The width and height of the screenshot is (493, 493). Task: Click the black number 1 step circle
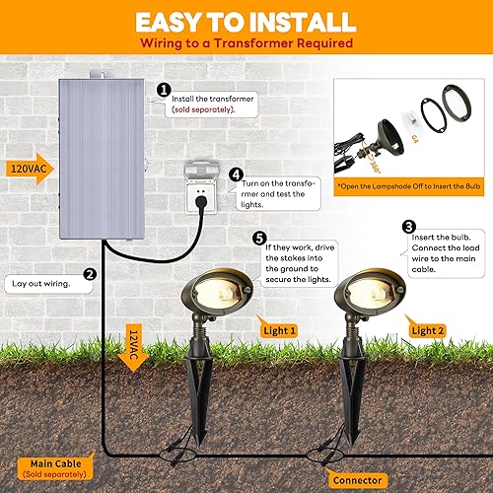[x=164, y=88]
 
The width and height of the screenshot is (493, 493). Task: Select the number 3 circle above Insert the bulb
[x=407, y=225]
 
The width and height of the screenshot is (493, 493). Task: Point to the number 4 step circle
[x=237, y=174]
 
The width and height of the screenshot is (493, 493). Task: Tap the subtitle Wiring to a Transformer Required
[x=246, y=45]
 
